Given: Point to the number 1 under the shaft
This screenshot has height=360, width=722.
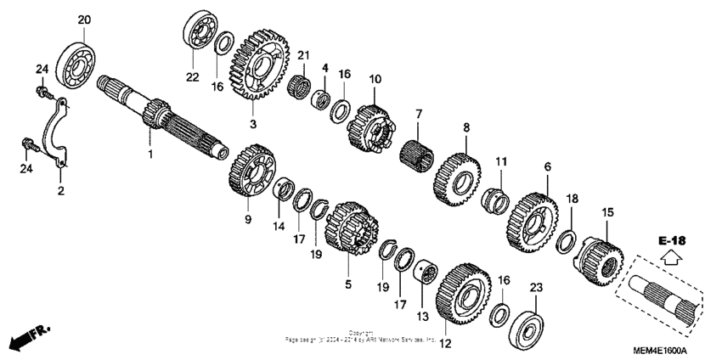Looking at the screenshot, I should coord(150,155).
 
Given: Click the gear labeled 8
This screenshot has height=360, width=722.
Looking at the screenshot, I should coord(456,180).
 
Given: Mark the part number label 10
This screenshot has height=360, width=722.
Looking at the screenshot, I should coord(375,79).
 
